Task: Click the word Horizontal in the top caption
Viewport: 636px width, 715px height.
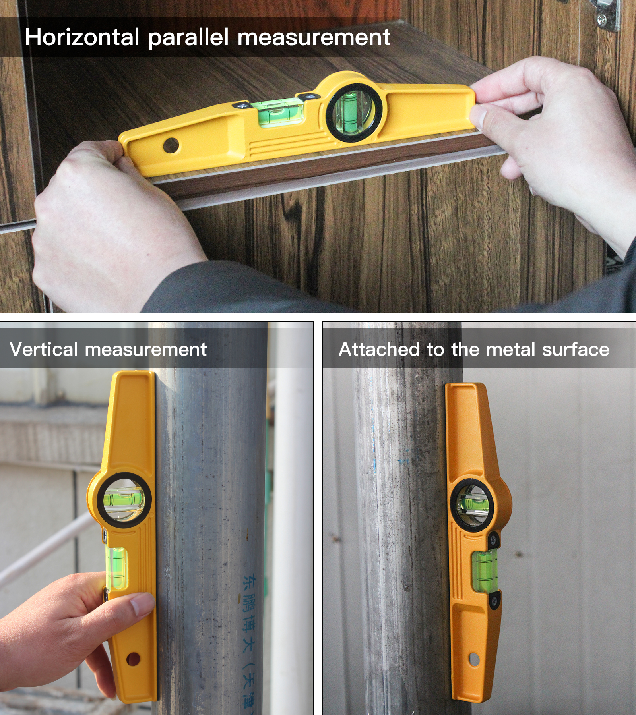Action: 81,37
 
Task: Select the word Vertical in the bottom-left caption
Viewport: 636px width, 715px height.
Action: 44,350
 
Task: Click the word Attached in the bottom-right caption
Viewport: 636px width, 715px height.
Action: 379,350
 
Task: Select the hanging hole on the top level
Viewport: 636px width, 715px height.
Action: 171,145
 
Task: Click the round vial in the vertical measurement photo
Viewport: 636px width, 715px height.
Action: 123,500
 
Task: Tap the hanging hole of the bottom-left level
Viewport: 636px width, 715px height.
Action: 133,659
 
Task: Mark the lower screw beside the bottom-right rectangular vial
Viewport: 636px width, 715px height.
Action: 494,600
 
